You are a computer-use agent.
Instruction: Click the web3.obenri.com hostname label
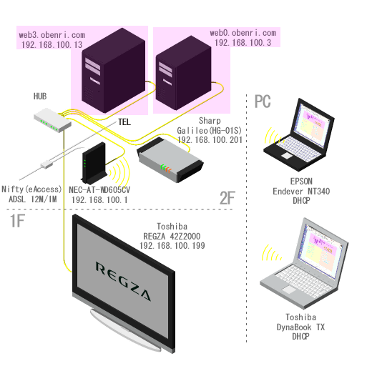(52, 35)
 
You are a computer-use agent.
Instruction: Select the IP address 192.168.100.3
(243, 43)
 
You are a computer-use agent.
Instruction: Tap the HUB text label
(40, 97)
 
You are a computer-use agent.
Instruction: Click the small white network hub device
(52, 120)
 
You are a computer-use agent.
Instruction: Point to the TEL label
(124, 122)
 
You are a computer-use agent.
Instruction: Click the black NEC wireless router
(94, 162)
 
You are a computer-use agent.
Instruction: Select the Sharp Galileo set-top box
(170, 159)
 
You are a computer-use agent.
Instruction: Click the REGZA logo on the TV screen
(123, 281)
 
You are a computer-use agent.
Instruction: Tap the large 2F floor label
(227, 198)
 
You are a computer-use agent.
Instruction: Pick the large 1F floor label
(17, 221)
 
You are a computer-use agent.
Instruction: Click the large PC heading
(263, 102)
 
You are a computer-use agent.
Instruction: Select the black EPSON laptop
(299, 134)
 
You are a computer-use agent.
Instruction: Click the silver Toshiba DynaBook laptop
(304, 263)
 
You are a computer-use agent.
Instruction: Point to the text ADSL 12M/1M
(33, 199)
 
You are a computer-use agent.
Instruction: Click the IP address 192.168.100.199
(172, 246)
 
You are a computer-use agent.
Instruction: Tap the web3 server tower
(114, 71)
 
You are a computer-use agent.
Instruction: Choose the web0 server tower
(183, 73)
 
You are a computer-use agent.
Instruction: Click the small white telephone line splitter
(47, 164)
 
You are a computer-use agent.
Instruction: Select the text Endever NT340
(301, 192)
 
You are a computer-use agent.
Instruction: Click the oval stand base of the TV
(125, 331)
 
